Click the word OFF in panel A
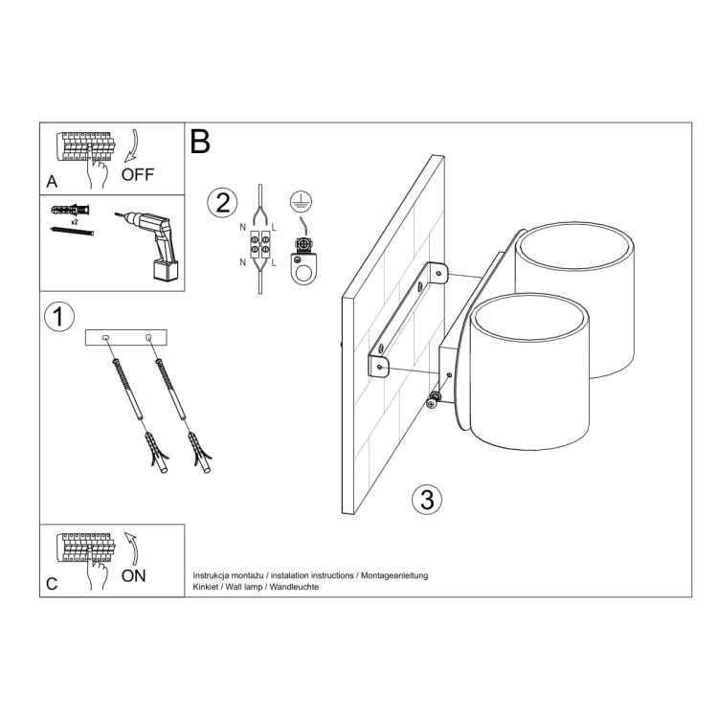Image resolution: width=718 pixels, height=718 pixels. coord(137,174)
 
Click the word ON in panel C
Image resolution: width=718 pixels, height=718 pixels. coord(134,575)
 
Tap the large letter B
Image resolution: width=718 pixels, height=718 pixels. coord(200,142)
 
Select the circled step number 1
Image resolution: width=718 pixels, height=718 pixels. coord(59,318)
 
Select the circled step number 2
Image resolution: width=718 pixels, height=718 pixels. coord(222,203)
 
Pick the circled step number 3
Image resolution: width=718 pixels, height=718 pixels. coord(427,499)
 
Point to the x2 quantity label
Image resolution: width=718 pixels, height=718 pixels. coord(74,220)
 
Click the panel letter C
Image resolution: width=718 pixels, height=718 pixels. coord(52,583)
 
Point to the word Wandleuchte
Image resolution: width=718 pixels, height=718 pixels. coord(296,587)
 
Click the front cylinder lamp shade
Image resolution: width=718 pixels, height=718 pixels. coord(529,373)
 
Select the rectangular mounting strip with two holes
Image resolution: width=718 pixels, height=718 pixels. coord(126,338)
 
